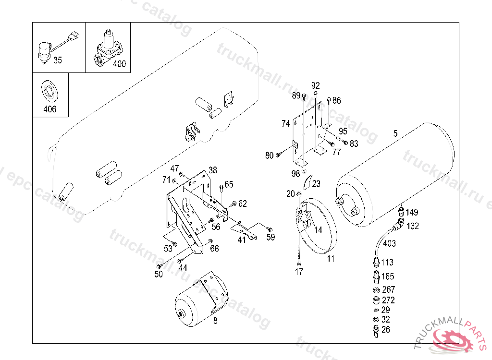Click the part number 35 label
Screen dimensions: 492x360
pos(58,60)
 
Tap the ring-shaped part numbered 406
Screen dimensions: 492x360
pos(49,91)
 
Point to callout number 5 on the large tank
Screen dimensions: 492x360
pos(395,133)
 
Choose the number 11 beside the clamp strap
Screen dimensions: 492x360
pos(331,259)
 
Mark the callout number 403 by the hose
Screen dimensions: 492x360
pos(389,243)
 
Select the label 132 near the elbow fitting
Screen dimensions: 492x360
pos(413,226)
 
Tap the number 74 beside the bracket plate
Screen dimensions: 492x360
pos(285,123)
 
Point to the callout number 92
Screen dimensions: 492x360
pos(316,85)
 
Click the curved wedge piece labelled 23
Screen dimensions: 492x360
pos(307,182)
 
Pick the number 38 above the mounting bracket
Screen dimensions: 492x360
pos(213,170)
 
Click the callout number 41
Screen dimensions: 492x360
pos(242,240)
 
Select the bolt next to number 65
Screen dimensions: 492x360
pos(221,188)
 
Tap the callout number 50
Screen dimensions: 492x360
pos(159,274)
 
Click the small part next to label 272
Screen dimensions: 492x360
pos(376,300)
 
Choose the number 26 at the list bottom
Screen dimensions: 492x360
pos(386,329)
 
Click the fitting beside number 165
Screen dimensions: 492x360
pos(376,276)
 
